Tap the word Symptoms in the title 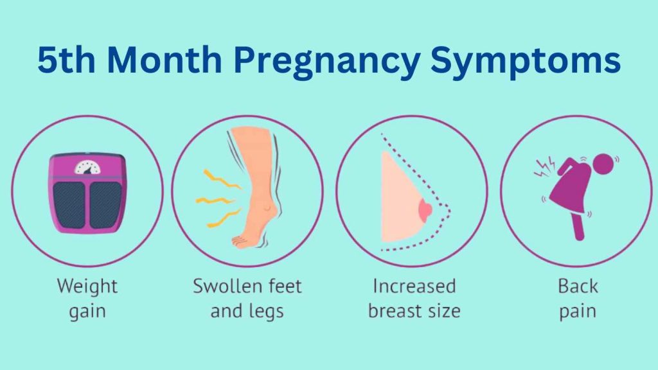(526, 61)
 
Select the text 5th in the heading (66, 60)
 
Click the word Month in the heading (164, 60)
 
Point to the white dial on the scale (87, 168)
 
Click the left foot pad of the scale (69, 205)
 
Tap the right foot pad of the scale (106, 205)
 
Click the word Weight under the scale (87, 287)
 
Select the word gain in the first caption (87, 312)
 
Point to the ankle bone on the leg (266, 207)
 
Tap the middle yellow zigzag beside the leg (215, 201)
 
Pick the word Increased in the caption (414, 286)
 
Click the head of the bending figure (603, 164)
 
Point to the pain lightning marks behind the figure (545, 167)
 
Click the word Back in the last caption (578, 286)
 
